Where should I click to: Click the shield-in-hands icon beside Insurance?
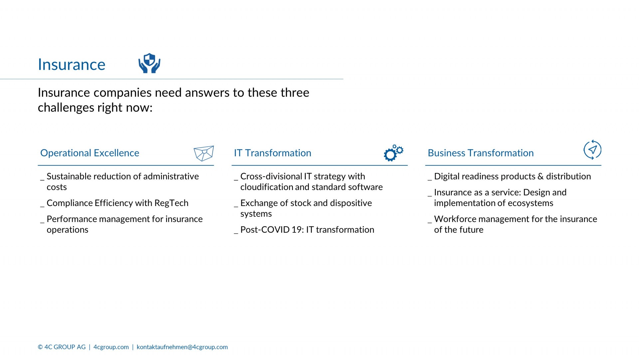(149, 63)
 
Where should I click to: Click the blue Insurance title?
(72, 64)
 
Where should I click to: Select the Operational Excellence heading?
(90, 153)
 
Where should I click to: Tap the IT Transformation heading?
(273, 153)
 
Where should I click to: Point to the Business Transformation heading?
(481, 153)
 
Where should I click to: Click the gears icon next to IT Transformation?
(393, 153)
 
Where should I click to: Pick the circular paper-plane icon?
(592, 150)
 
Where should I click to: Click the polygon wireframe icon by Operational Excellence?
(204, 153)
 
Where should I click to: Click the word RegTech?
(171, 203)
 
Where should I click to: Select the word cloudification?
(267, 187)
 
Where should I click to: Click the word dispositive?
(351, 203)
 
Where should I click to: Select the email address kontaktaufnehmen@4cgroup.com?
(182, 347)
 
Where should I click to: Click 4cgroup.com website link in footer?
(111, 347)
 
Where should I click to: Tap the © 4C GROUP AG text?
(62, 347)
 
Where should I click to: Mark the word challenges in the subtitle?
(66, 108)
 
